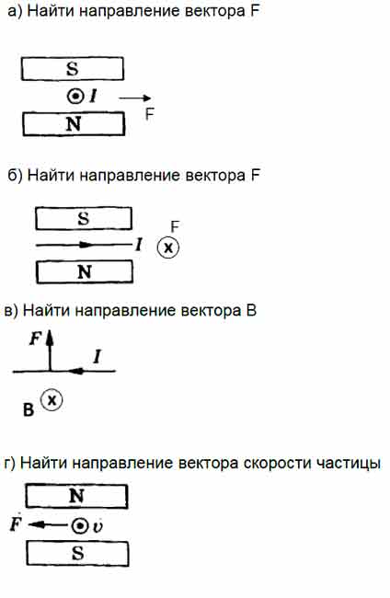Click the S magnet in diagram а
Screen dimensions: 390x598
coord(73,69)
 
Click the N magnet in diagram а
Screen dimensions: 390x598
coord(74,124)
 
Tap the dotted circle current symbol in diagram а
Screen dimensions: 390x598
coord(75,97)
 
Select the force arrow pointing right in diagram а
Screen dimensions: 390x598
coord(135,98)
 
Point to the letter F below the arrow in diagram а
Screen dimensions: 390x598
coord(149,114)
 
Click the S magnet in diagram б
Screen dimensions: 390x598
coord(84,219)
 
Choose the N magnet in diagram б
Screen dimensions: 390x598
coord(85,272)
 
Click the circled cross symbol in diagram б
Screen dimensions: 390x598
coord(168,247)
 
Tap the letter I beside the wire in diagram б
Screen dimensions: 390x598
coord(139,244)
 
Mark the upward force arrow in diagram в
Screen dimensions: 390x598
coord(50,351)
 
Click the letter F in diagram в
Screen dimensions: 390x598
coord(36,339)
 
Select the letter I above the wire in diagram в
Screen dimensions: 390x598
coord(97,357)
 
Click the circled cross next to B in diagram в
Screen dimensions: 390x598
coord(52,400)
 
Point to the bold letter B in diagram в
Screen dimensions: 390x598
coord(29,410)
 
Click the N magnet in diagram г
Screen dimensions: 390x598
coord(76,496)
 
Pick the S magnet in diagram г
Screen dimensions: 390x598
coord(77,553)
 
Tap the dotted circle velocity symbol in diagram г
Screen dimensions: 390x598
coord(80,526)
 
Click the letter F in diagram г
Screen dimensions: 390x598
coord(16,523)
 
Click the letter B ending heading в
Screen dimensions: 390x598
coord(251,311)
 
